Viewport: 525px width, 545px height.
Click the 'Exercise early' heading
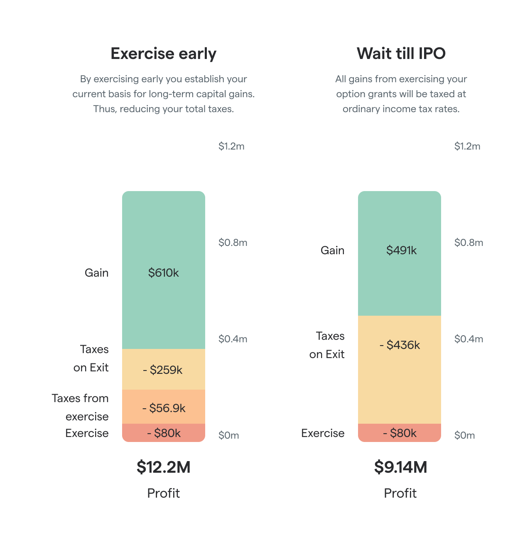(x=163, y=54)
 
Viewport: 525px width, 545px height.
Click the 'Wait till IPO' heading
(x=401, y=54)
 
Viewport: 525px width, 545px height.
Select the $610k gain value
(x=163, y=273)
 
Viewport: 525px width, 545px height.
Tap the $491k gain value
(x=401, y=250)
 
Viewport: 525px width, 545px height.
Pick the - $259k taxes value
(x=163, y=370)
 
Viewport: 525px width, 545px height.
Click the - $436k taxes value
(x=400, y=345)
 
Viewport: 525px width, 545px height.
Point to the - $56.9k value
(x=164, y=408)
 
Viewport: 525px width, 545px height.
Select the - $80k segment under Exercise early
(x=164, y=433)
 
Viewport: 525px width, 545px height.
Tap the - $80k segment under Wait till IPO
(x=400, y=433)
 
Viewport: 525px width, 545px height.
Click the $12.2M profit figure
(x=163, y=467)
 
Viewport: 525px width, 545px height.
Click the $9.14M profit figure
(x=400, y=467)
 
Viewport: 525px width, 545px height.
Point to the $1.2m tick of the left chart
(x=231, y=146)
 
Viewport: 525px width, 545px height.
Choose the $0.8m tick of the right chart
(x=469, y=243)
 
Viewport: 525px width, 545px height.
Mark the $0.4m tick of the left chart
(x=233, y=339)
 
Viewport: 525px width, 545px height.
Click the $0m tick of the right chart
(x=464, y=435)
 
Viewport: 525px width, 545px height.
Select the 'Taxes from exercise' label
(x=81, y=407)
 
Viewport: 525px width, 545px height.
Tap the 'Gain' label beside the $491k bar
(x=332, y=250)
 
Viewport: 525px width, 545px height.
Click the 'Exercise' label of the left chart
(x=87, y=433)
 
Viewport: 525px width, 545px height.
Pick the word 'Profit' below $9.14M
(x=400, y=493)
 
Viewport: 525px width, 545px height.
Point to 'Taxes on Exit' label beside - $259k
(x=91, y=358)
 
